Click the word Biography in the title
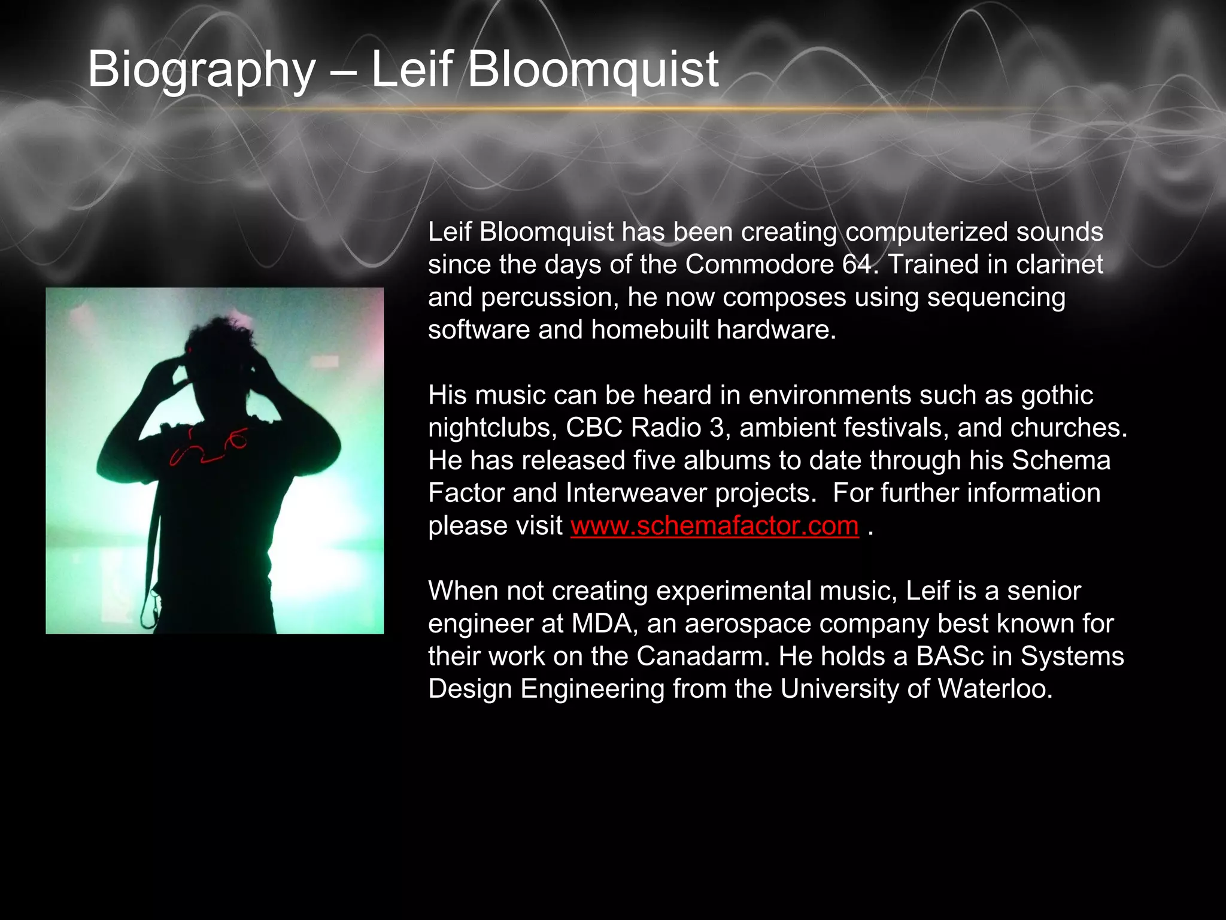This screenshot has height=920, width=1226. [x=201, y=71]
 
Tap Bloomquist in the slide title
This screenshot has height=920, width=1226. [x=593, y=71]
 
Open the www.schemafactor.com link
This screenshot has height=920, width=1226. [x=714, y=526]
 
